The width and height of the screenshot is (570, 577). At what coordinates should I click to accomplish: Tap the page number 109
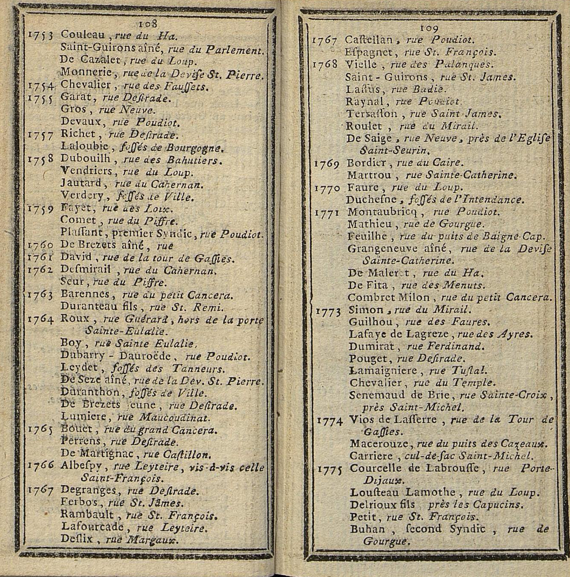[x=429, y=28]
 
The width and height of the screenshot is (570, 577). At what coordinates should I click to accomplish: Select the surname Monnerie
[x=86, y=72]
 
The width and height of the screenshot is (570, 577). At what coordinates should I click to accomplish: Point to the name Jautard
[x=81, y=183]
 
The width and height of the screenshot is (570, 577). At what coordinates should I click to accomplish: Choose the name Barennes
[x=85, y=294]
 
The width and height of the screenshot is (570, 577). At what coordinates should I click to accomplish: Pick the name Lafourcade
[x=93, y=527]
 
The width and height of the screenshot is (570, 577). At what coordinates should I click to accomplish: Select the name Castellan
[x=369, y=40]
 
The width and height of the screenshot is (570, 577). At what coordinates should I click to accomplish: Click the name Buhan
[x=367, y=529]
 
